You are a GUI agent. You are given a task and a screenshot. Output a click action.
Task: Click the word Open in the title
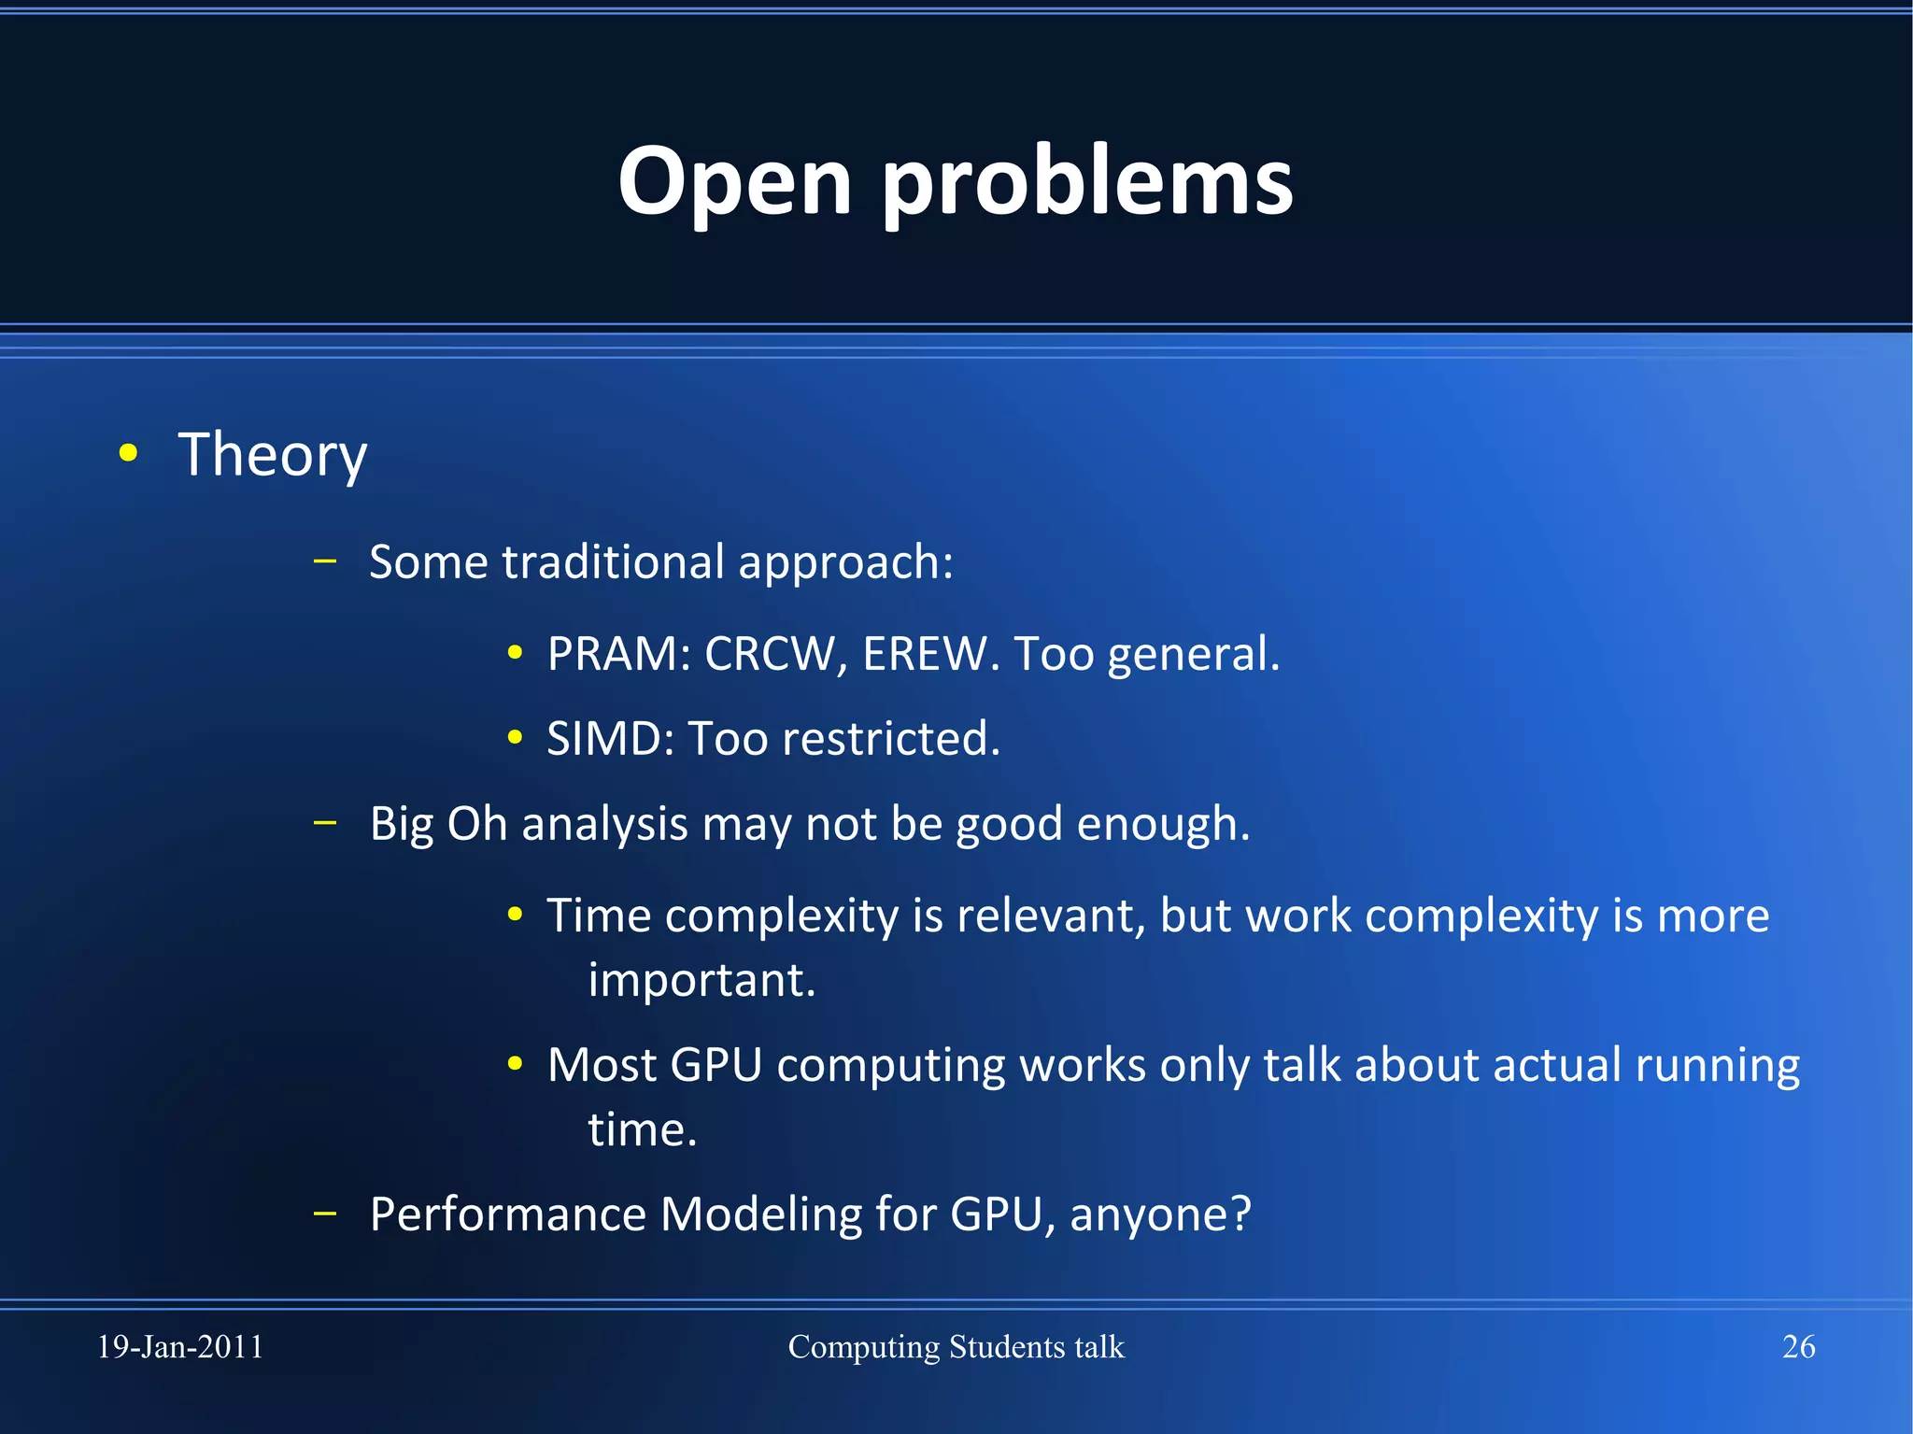click(x=734, y=183)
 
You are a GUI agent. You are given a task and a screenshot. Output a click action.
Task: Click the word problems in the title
click(x=1087, y=183)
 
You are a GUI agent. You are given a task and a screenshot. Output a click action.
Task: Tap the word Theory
click(x=272, y=456)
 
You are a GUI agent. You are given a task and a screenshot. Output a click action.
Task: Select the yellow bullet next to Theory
click(x=129, y=454)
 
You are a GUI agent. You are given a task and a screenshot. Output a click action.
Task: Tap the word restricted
click(x=890, y=739)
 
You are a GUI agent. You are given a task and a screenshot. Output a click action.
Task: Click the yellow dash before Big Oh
click(x=325, y=823)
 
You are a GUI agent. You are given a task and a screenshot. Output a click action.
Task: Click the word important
click(x=701, y=980)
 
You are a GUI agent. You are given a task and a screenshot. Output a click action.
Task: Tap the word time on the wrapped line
click(x=642, y=1130)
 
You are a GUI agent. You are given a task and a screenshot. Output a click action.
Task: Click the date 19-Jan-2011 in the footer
click(x=180, y=1347)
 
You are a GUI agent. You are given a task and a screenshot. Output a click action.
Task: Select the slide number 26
click(x=1798, y=1347)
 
